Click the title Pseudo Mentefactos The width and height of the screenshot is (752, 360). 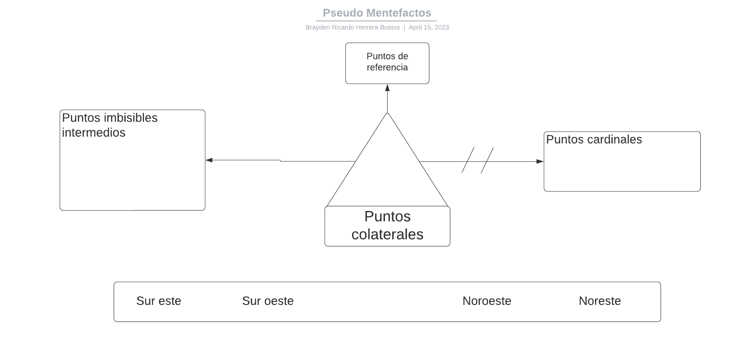point(377,13)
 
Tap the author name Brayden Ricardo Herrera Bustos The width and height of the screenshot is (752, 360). point(352,27)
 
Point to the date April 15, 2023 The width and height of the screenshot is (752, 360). point(429,27)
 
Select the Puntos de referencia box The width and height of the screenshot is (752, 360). point(387,63)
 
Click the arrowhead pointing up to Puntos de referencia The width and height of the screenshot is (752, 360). point(388,88)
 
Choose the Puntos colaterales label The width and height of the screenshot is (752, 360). point(387,225)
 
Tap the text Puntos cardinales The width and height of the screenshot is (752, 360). point(594,140)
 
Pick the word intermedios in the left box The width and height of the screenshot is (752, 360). point(94,133)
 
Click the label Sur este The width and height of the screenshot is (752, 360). point(159,301)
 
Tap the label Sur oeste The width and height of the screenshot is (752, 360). point(267,301)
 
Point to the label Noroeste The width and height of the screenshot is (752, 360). point(487,301)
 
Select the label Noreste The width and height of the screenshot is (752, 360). point(599,301)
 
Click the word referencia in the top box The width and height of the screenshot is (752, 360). point(387,67)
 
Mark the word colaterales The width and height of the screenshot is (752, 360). point(387,234)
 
